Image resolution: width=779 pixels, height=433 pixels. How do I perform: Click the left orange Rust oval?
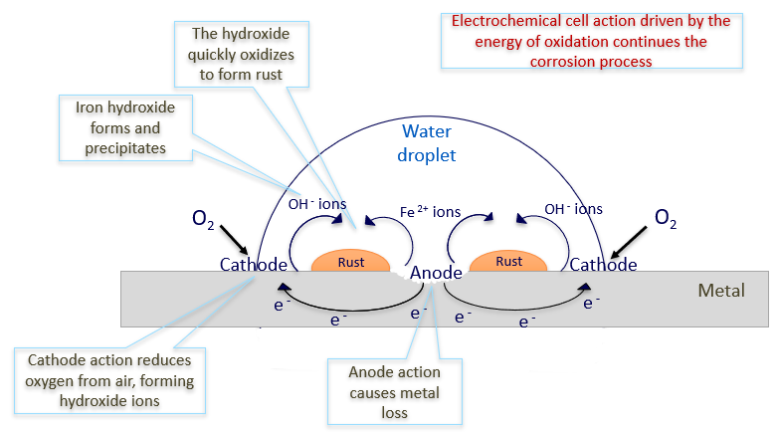[351, 262]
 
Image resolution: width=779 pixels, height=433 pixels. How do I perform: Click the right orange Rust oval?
[508, 262]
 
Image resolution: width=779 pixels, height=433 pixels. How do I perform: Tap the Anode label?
[436, 272]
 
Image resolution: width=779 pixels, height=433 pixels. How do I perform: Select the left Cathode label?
[254, 265]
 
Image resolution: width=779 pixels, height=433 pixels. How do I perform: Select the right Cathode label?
[603, 265]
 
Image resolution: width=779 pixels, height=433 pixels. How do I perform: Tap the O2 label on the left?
[201, 218]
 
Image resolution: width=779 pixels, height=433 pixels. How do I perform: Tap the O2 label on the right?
[666, 218]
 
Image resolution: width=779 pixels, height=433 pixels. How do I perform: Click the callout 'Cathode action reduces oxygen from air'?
[110, 379]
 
